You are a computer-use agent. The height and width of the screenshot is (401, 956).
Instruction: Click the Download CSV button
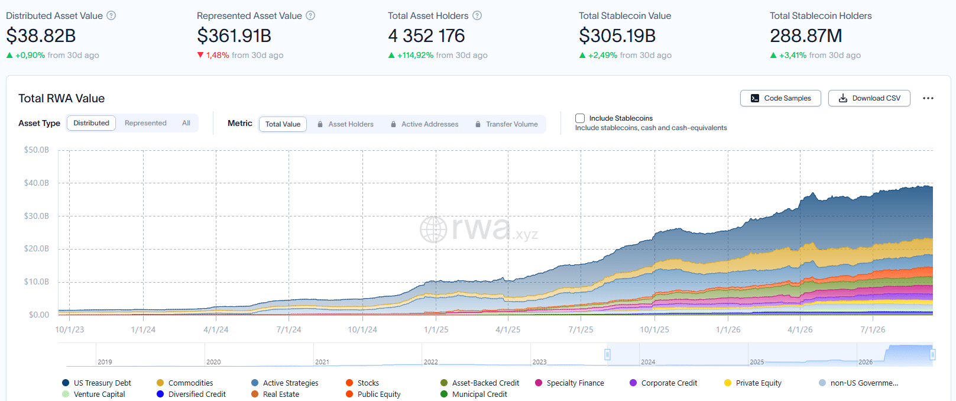pyautogui.click(x=869, y=98)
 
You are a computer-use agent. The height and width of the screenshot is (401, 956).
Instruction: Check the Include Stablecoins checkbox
pyautogui.click(x=579, y=118)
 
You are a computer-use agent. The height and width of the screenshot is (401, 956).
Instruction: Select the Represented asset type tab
pyautogui.click(x=145, y=123)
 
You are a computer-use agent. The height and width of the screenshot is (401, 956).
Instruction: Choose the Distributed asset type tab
pyautogui.click(x=91, y=123)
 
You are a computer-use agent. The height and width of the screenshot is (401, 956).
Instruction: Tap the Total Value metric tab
pyautogui.click(x=283, y=124)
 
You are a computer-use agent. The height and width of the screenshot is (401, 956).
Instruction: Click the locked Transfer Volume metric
pyautogui.click(x=507, y=124)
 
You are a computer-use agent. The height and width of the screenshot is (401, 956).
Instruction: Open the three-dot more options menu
pyautogui.click(x=928, y=98)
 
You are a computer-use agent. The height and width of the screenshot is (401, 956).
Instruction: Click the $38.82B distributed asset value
pyautogui.click(x=41, y=35)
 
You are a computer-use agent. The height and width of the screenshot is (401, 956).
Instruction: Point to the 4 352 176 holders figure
pyautogui.click(x=426, y=35)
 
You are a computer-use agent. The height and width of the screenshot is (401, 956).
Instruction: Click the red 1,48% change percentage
pyautogui.click(x=218, y=55)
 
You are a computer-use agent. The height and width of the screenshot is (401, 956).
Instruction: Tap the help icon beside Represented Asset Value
pyautogui.click(x=311, y=16)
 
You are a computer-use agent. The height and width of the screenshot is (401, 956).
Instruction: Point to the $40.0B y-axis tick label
pyautogui.click(x=37, y=183)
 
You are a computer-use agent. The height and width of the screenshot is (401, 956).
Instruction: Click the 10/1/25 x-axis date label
pyautogui.click(x=654, y=329)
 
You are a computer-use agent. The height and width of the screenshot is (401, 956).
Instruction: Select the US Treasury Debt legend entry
pyautogui.click(x=96, y=383)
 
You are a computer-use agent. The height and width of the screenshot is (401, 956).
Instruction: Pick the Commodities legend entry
pyautogui.click(x=185, y=383)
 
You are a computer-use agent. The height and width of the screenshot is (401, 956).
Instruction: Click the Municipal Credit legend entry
pyautogui.click(x=474, y=394)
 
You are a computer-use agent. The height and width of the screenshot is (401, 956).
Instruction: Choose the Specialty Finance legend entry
pyautogui.click(x=570, y=383)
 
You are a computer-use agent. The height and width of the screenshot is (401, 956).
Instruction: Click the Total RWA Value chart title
pyautogui.click(x=61, y=98)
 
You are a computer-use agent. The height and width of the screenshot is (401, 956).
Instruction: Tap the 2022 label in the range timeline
pyautogui.click(x=430, y=362)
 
